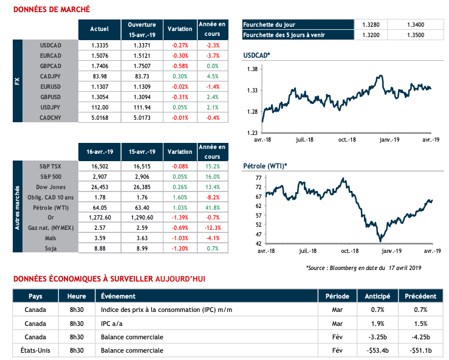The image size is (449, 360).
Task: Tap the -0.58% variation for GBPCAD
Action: pyautogui.click(x=179, y=66)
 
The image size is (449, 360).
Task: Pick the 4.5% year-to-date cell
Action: pyautogui.click(x=212, y=76)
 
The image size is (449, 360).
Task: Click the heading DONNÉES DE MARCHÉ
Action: pyautogui.click(x=51, y=10)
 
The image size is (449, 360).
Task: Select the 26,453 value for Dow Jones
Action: pyautogui.click(x=99, y=187)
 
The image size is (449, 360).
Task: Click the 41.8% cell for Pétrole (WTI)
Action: pyautogui.click(x=212, y=207)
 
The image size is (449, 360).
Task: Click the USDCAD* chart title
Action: pyautogui.click(x=256, y=55)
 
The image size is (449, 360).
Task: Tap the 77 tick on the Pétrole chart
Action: pyautogui.click(x=258, y=178)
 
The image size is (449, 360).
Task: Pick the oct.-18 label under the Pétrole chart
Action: pyautogui.click(x=346, y=251)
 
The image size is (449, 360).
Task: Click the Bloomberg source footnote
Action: pyautogui.click(x=363, y=268)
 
